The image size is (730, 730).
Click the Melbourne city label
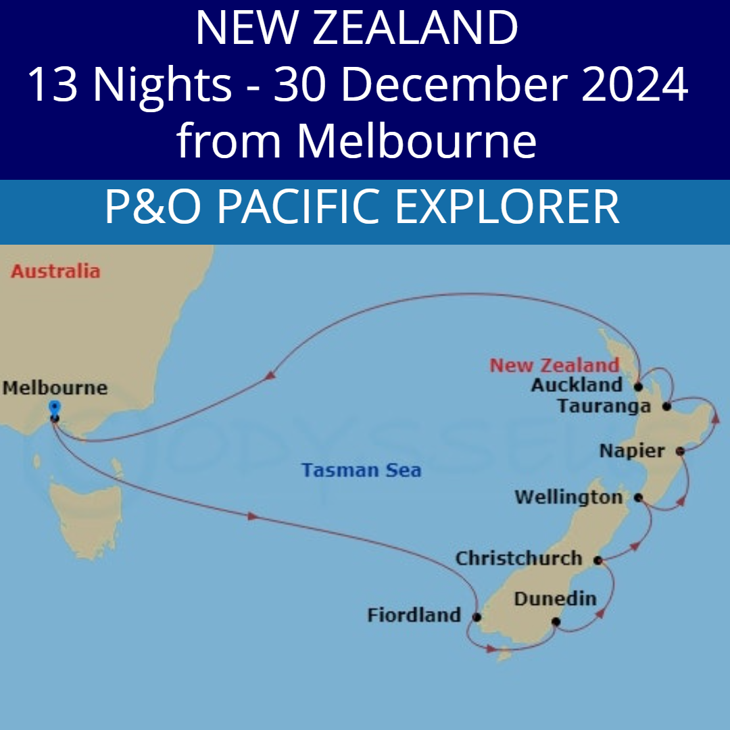(x=55, y=388)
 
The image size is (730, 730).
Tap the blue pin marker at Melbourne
(x=55, y=407)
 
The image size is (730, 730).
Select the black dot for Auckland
(x=637, y=387)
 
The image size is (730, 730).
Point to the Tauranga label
(x=604, y=406)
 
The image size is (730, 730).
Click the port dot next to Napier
(x=680, y=451)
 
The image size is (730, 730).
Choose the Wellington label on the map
(x=568, y=498)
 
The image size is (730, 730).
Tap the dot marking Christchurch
(x=598, y=560)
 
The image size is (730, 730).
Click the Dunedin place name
(x=555, y=599)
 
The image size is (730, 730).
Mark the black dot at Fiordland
(x=477, y=617)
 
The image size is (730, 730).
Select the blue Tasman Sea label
(x=361, y=470)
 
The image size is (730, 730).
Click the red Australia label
(x=55, y=272)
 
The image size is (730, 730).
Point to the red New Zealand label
(x=554, y=366)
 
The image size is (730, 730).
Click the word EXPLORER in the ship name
(x=507, y=208)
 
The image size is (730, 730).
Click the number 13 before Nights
(x=54, y=86)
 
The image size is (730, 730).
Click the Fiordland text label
(x=414, y=616)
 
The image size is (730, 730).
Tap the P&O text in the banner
(x=153, y=208)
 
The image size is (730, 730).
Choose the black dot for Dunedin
(x=556, y=622)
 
